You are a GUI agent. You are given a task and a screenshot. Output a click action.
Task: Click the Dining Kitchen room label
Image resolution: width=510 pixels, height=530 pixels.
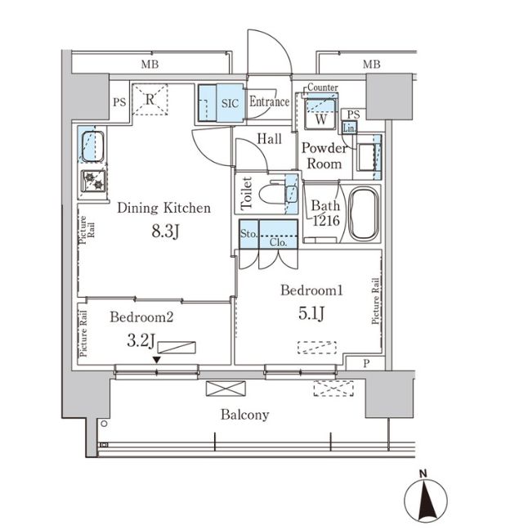[163, 208]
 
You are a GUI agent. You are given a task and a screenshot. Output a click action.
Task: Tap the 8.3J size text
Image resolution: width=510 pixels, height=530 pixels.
[163, 231]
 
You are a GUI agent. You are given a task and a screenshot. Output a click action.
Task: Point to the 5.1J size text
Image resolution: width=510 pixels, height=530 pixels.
[310, 313]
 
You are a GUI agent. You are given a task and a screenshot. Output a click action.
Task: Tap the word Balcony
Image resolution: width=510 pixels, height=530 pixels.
[244, 415]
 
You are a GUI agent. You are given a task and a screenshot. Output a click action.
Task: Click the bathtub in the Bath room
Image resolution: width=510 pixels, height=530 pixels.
[364, 214]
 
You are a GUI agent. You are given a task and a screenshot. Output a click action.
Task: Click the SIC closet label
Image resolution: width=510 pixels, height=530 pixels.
[231, 103]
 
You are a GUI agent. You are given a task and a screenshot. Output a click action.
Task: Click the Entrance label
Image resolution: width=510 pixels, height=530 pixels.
[269, 102]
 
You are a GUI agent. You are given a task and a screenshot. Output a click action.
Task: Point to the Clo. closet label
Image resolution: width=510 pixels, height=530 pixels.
[279, 242]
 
